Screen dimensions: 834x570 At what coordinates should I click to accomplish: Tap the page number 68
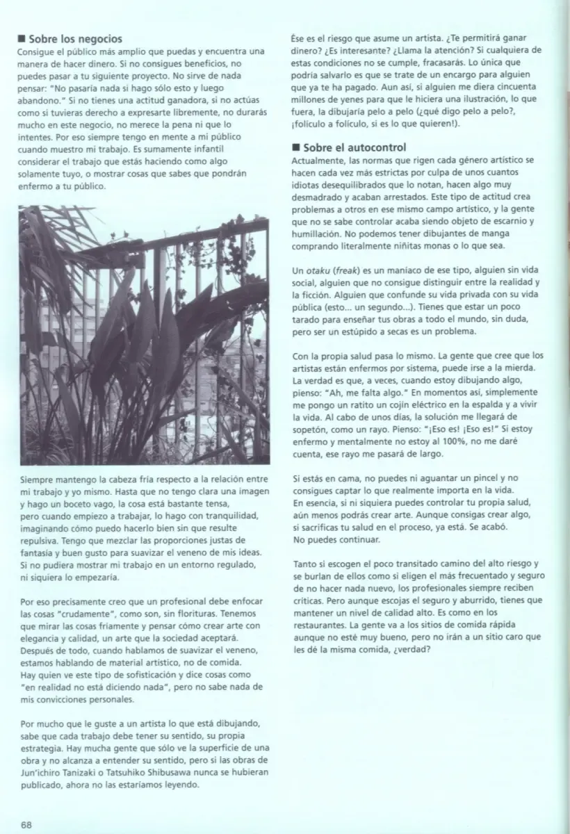coord(26,824)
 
